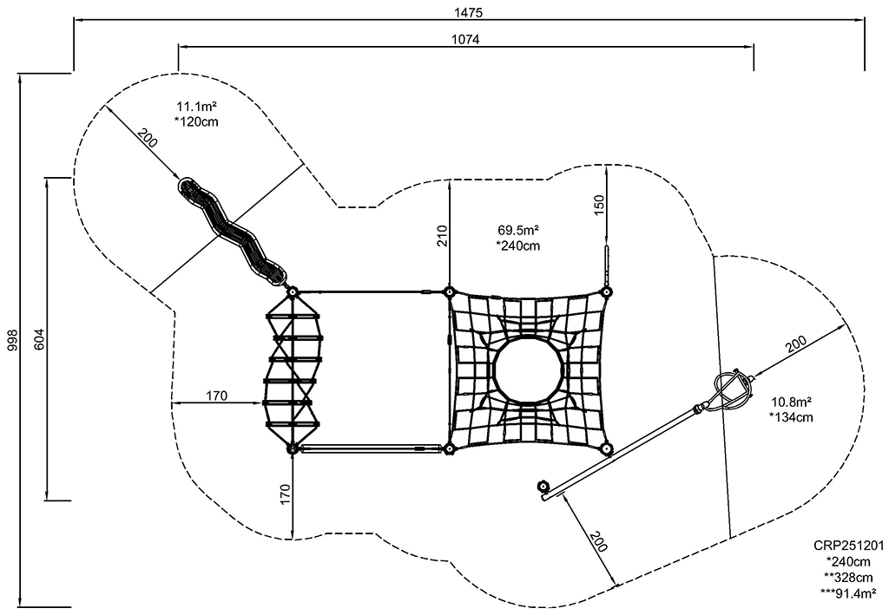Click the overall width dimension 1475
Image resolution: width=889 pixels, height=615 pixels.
pos(468,12)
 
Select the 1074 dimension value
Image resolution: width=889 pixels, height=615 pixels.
pos(465,39)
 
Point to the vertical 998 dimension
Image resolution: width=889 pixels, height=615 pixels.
pos(12,340)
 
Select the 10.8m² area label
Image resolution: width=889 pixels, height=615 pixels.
pos(791,402)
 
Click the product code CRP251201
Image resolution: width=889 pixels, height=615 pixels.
pos(848,546)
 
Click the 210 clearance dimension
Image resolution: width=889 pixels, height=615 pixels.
pos(442,236)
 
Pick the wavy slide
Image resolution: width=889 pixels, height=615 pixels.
pos(232,232)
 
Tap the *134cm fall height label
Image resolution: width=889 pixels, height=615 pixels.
pos(791,417)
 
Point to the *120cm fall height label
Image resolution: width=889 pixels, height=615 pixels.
pos(196,121)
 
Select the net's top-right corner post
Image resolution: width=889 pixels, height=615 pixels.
pos(607,291)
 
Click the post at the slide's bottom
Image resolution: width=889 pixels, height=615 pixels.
pos(292,291)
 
